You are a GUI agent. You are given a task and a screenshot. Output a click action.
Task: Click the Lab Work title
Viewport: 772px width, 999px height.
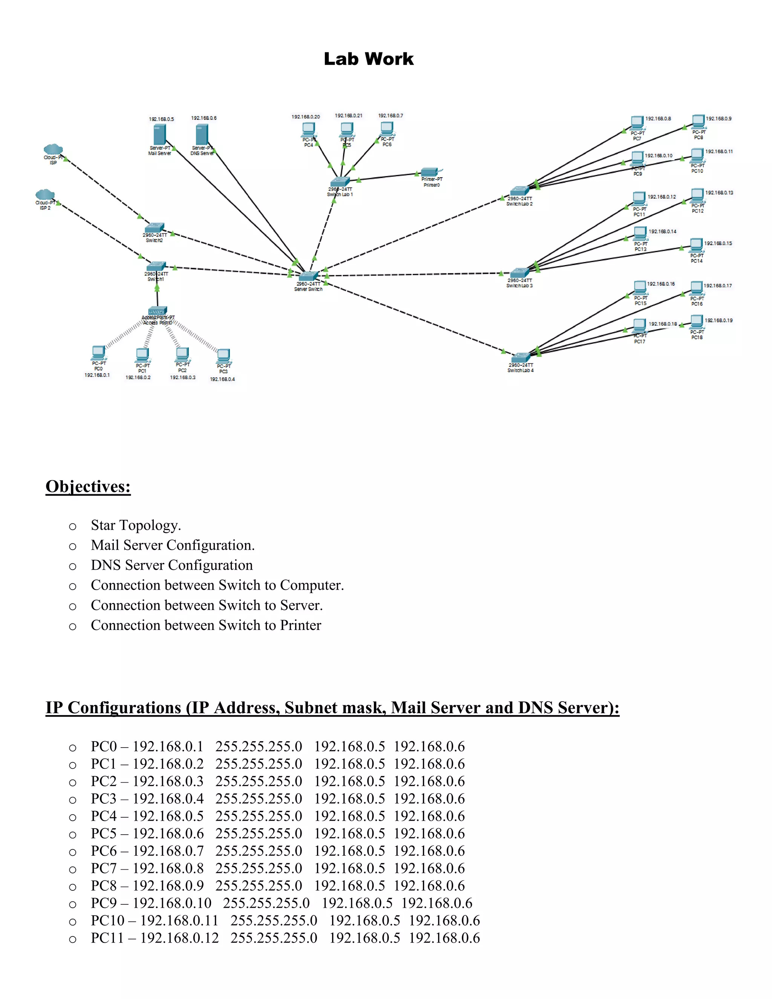[369, 59]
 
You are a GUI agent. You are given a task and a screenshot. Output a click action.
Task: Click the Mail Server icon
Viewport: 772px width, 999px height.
[159, 135]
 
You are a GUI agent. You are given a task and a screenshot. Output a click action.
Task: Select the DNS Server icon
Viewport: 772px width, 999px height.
[202, 135]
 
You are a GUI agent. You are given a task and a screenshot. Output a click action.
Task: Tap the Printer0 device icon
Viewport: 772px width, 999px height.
[430, 172]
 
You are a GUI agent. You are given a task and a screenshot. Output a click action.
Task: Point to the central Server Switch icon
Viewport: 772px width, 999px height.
[308, 276]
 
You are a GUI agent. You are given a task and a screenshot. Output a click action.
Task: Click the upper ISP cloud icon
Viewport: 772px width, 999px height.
[53, 149]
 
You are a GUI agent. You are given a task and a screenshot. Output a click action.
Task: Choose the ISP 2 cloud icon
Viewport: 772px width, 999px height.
[45, 195]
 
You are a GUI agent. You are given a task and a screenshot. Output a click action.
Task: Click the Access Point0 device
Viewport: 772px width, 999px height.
[157, 311]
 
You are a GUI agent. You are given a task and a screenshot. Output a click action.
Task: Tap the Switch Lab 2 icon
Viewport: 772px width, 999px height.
[519, 191]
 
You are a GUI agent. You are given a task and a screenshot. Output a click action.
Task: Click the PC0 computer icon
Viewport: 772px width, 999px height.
[98, 352]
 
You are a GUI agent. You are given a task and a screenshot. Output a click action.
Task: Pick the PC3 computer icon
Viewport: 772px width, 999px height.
[223, 355]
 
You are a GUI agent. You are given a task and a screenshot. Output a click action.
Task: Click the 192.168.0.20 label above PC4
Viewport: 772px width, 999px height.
[305, 116]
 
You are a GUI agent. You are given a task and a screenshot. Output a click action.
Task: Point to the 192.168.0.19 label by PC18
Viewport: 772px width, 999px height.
[718, 320]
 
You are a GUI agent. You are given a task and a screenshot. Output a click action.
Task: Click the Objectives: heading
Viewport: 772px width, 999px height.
[88, 486]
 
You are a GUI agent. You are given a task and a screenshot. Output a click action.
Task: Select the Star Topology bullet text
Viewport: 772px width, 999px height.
[136, 525]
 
